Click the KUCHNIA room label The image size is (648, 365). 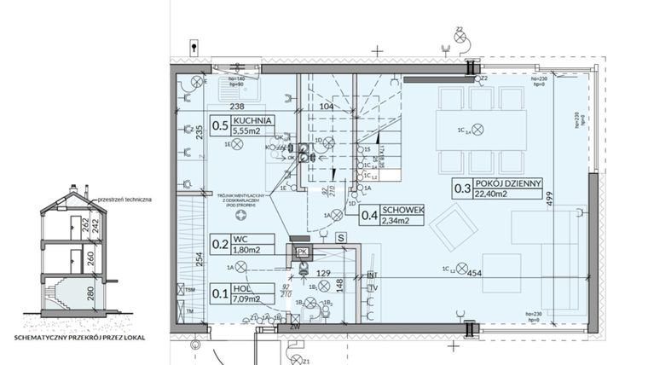[x=252, y=122]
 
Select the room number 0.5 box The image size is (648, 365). [x=219, y=127]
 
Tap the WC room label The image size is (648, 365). [x=242, y=239]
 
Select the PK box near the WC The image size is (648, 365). [x=301, y=252]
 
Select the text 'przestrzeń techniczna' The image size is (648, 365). [x=126, y=199]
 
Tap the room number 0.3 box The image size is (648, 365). [x=463, y=189]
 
